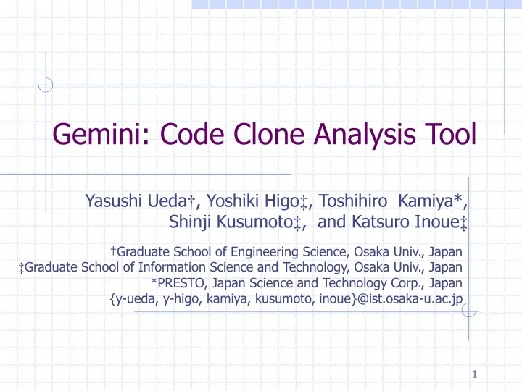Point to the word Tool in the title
(x=452, y=135)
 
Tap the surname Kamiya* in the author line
(x=436, y=201)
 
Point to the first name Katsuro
(x=374, y=222)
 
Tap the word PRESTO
(x=178, y=283)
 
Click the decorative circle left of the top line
(x=46, y=85)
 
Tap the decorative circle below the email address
(x=469, y=311)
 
